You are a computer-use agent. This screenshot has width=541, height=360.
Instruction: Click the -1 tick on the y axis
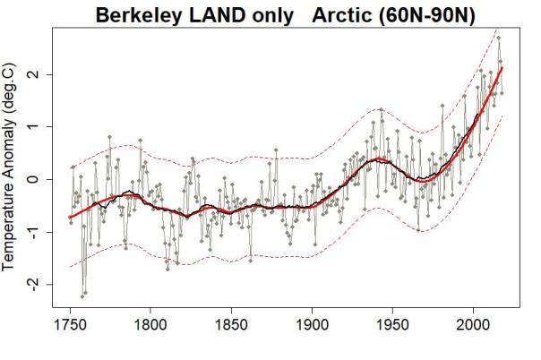tap(33, 231)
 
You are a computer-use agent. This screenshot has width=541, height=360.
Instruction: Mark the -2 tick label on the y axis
tap(33, 284)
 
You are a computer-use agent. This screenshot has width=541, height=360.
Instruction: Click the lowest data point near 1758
tap(82, 296)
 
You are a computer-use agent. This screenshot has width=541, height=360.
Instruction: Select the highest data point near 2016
tap(499, 38)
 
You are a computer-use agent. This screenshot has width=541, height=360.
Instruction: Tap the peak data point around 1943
tap(381, 110)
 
